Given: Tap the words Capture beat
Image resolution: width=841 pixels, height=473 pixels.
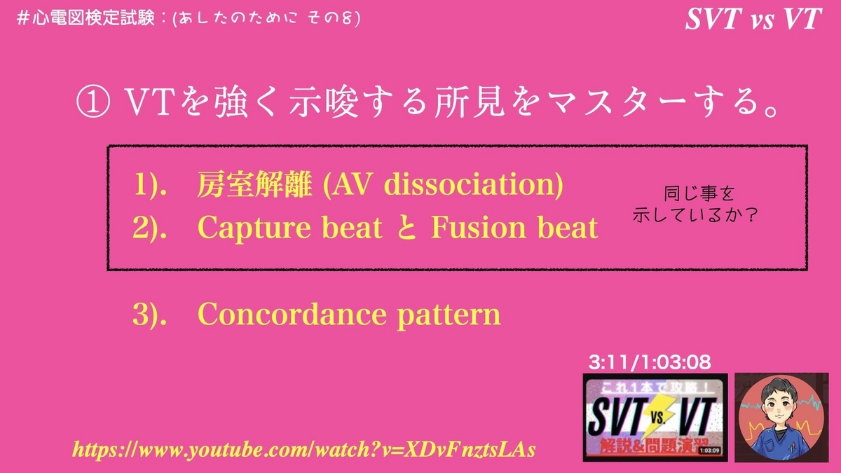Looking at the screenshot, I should pyautogui.click(x=290, y=228).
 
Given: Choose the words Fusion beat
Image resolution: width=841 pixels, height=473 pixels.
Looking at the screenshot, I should pyautogui.click(x=514, y=228).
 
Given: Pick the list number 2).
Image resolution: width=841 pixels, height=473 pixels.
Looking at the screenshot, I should pyautogui.click(x=150, y=228).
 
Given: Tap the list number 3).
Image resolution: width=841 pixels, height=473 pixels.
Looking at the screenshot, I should pyautogui.click(x=150, y=315).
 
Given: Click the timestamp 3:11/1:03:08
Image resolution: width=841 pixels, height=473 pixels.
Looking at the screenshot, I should pyautogui.click(x=650, y=362).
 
